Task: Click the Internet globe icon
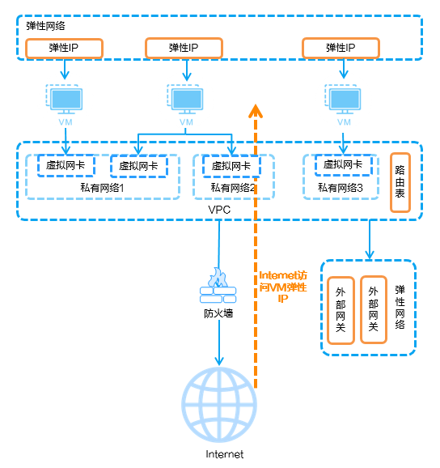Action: click(219, 404)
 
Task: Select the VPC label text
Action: click(219, 210)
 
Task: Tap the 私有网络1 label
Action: click(102, 188)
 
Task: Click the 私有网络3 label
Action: click(341, 188)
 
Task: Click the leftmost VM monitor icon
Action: click(65, 100)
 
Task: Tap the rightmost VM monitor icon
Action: click(343, 100)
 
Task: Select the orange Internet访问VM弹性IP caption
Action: click(283, 287)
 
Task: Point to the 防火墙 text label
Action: click(218, 313)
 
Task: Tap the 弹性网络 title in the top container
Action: click(45, 26)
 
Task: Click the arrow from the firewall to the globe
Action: click(219, 342)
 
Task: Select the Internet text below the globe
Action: click(225, 454)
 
